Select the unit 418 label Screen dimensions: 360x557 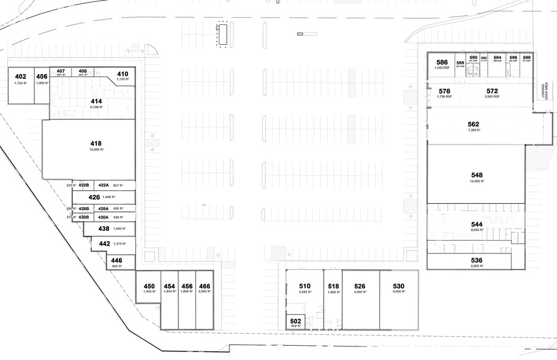(x=95, y=143)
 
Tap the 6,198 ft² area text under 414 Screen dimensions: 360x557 (x=96, y=107)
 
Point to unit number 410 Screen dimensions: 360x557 (x=122, y=73)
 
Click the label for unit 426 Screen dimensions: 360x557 (x=94, y=197)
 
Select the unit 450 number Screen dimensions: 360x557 (x=149, y=286)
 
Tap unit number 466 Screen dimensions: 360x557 (x=204, y=286)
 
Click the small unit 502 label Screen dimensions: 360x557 (x=295, y=320)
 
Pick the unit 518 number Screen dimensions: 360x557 (x=333, y=286)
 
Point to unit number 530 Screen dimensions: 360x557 (x=398, y=286)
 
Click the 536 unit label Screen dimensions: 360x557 (x=476, y=260)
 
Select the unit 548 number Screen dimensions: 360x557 (x=476, y=174)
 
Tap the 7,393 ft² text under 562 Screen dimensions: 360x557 (x=473, y=130)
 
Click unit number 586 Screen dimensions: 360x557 (x=441, y=62)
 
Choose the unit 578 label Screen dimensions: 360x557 (x=444, y=91)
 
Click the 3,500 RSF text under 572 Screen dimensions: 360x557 (x=492, y=97)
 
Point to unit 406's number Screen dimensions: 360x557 (x=42, y=77)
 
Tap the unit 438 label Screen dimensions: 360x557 (x=104, y=228)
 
